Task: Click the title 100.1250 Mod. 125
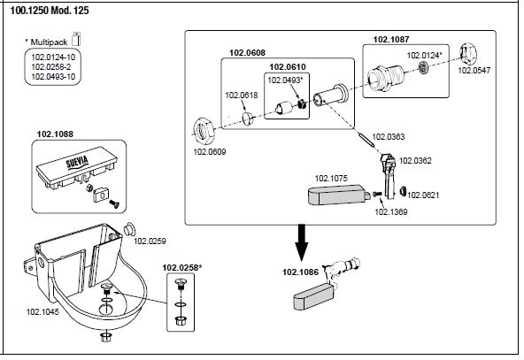pos(50,11)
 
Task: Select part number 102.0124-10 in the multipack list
pos(53,57)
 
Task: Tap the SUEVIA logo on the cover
pos(77,162)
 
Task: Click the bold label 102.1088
pos(55,134)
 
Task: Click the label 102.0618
pos(242,96)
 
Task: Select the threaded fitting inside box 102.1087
pos(386,78)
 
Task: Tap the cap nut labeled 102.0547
pos(468,54)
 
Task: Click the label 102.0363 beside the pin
pos(389,136)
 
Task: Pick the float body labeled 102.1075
pos(338,195)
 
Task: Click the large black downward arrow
pos(302,242)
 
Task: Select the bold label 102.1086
pos(300,272)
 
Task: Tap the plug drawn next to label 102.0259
pos(129,229)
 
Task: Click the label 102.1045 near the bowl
pos(42,311)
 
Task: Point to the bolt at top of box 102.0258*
pos(181,284)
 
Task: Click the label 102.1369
pos(391,211)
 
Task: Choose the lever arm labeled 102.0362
pos(389,176)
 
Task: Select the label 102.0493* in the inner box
pos(285,80)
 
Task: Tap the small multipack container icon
pos(76,39)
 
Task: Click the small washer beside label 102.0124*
pos(424,68)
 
